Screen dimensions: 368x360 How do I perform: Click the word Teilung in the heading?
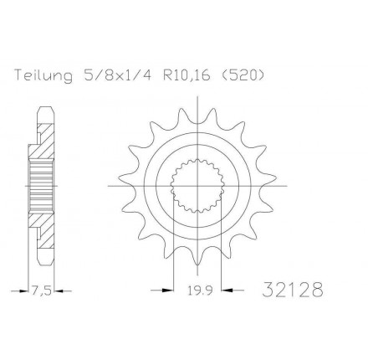pos(43,75)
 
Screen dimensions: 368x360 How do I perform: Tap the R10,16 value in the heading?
pos(186,75)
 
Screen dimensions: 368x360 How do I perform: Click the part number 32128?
pos(293,290)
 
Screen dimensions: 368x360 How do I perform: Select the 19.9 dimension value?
pos(200,291)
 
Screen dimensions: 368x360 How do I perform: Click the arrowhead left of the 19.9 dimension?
pos(167,291)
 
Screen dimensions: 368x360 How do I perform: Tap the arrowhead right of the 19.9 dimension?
pos(227,291)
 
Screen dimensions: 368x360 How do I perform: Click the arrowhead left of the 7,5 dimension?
pos(24,291)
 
